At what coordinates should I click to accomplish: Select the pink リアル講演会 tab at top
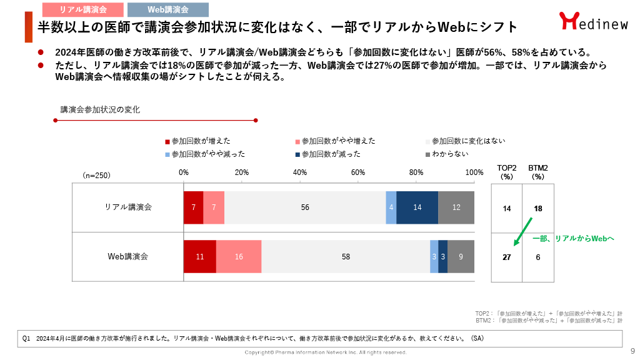(82, 9)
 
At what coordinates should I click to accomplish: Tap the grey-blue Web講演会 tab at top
(167, 9)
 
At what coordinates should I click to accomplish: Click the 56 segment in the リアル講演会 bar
(305, 207)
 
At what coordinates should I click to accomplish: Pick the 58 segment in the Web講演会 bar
(346, 256)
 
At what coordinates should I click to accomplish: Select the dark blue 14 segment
(417, 207)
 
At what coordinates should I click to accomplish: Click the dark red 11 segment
(199, 256)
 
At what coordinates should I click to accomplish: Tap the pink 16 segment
(239, 256)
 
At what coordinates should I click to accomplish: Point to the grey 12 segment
(456, 207)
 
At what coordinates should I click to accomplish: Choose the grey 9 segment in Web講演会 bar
(461, 256)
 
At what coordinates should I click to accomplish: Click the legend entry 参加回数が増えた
(197, 141)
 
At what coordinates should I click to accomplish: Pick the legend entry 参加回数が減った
(326, 154)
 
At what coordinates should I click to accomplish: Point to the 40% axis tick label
(299, 172)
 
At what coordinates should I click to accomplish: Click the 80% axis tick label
(416, 172)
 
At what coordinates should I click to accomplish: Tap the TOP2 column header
(507, 172)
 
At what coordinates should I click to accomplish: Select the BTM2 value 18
(537, 208)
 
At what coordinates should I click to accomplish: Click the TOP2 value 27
(507, 256)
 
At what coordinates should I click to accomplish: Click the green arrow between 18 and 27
(521, 232)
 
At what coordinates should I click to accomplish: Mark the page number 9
(632, 351)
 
